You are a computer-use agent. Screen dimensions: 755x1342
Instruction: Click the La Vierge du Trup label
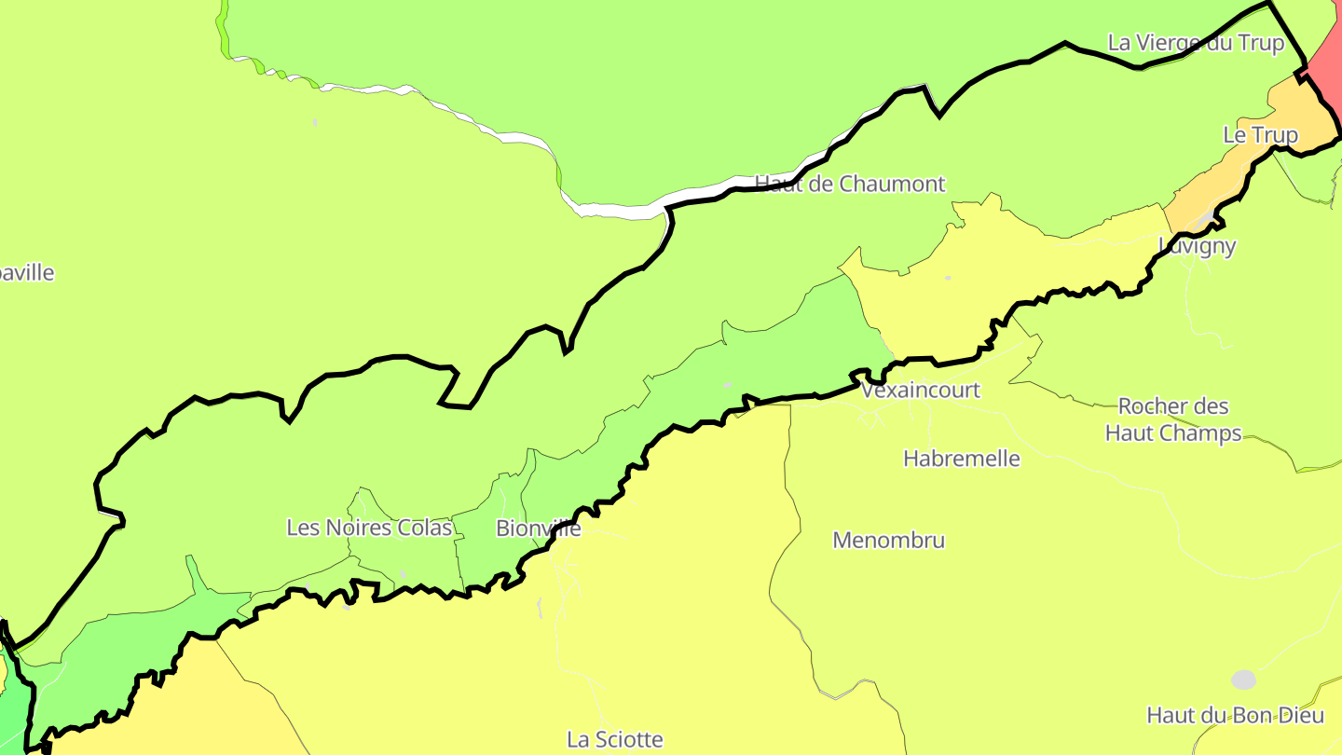(1196, 43)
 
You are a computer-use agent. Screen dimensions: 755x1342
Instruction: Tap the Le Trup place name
(1260, 135)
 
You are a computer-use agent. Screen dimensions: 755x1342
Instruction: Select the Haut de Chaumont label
(850, 184)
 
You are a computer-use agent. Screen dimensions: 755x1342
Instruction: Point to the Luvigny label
(1198, 246)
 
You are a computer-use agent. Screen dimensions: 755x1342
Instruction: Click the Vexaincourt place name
(921, 390)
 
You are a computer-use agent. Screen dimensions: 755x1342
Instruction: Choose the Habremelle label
(962, 459)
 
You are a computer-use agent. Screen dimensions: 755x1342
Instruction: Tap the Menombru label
(888, 540)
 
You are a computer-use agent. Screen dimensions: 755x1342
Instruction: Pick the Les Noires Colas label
(369, 528)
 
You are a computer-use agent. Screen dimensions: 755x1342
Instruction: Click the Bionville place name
(538, 528)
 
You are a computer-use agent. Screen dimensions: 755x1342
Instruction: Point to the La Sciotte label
(615, 739)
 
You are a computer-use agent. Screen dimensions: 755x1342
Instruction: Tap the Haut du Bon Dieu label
(1235, 715)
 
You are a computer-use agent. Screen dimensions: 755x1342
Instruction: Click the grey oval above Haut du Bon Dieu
(1243, 679)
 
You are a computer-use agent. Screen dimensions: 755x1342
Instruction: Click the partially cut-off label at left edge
(26, 273)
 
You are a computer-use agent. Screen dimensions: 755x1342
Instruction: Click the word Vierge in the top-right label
(1171, 43)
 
